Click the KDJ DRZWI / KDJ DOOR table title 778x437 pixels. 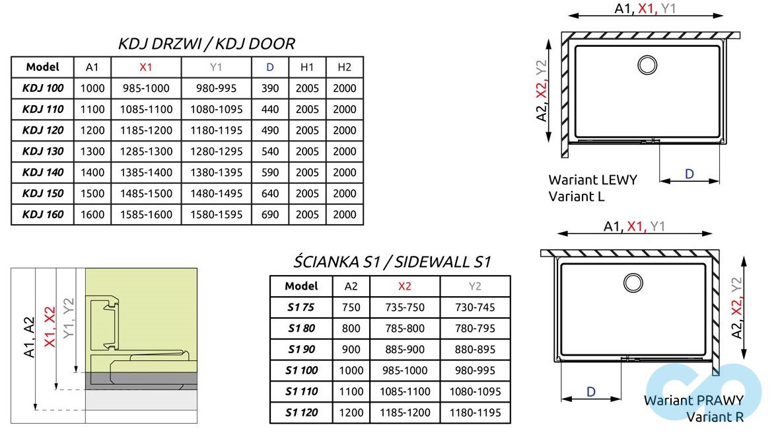[206, 44]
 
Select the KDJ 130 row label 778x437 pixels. [43, 151]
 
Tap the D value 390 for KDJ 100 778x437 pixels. [269, 88]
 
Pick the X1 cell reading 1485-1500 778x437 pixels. [146, 194]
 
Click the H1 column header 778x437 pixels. [307, 67]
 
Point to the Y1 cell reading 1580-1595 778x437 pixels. [216, 215]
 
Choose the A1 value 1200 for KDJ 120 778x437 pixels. [92, 130]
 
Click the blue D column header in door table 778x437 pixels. [269, 67]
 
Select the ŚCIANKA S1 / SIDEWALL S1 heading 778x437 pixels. [392, 262]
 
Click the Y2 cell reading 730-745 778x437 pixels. [475, 307]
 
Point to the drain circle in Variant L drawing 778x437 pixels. [647, 65]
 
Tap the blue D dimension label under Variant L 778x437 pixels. [689, 174]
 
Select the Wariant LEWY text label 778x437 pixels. [592, 180]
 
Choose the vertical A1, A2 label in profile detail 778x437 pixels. [29, 337]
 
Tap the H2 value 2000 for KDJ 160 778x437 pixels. [344, 215]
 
